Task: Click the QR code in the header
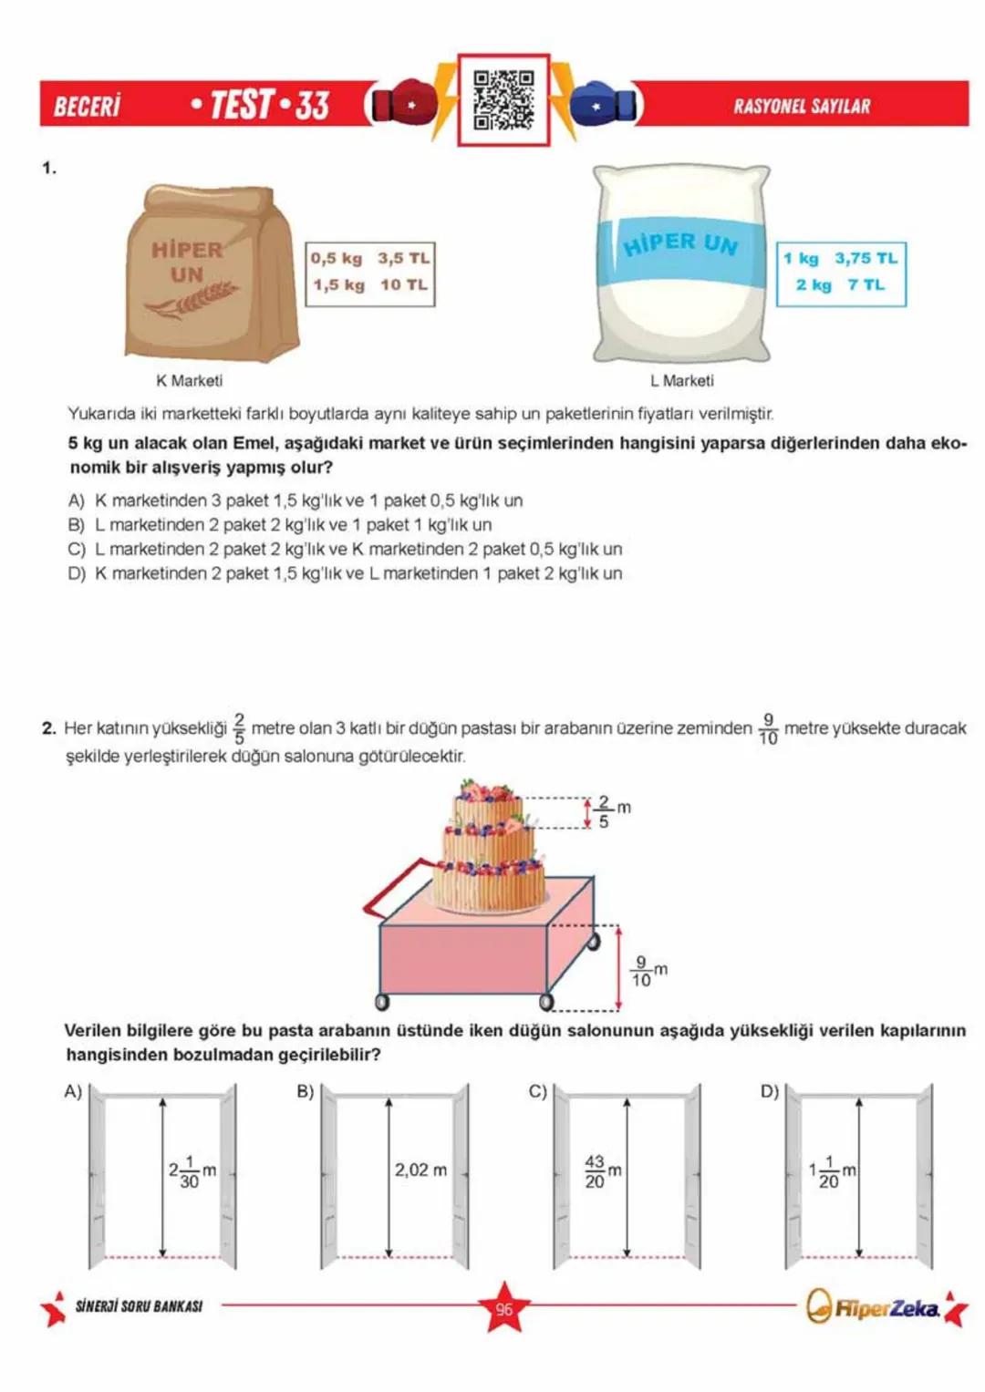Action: pos(503,99)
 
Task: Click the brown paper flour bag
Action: pos(211,274)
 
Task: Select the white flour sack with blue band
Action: pos(680,265)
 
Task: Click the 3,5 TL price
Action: pos(403,258)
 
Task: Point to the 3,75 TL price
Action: pos(866,258)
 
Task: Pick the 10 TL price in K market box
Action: pos(403,284)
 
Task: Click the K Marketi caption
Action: pos(189,381)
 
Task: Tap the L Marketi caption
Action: pos(681,381)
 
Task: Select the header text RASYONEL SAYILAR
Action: pos(802,106)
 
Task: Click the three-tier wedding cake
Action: pos(489,848)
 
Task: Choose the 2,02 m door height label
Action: pos(420,1170)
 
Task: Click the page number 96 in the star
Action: pos(503,1309)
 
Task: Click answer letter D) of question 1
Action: pos(76,573)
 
